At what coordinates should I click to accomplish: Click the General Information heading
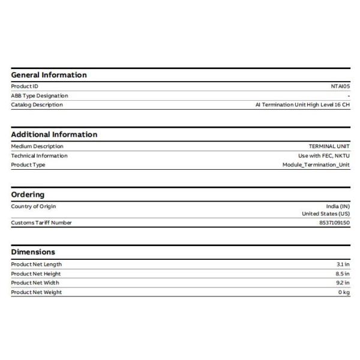[x=49, y=75]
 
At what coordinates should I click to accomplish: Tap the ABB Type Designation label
[x=40, y=95]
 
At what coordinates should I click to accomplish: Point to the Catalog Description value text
[x=302, y=105]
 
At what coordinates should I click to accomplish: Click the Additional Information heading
[x=54, y=134]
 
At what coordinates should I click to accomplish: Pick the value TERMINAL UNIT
[x=329, y=146]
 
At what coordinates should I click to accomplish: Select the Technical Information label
[x=39, y=155]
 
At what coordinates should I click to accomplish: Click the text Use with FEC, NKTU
[x=324, y=155]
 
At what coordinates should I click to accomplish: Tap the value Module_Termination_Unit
[x=316, y=165]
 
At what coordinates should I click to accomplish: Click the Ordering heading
[x=28, y=194]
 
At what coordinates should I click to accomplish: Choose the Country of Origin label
[x=34, y=206]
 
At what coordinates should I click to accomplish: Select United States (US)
[x=326, y=214]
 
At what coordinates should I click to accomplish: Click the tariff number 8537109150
[x=334, y=223]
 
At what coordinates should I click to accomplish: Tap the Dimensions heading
[x=33, y=252]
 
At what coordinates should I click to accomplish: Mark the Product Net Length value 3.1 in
[x=343, y=264]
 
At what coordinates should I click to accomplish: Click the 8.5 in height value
[x=343, y=274]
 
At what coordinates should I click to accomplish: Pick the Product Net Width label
[x=35, y=283]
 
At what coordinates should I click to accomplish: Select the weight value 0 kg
[x=344, y=292]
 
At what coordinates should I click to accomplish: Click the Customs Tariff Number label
[x=41, y=223]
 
